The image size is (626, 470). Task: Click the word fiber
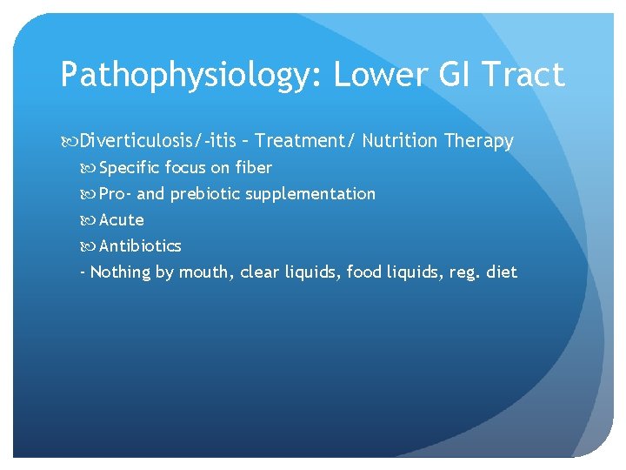tap(254, 167)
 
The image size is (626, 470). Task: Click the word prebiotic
tap(205, 193)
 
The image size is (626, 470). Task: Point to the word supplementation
tap(310, 193)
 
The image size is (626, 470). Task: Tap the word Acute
tap(122, 219)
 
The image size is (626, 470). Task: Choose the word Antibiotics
tap(140, 245)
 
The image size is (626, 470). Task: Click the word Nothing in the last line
tap(120, 272)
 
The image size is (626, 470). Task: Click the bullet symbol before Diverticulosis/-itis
tap(69, 141)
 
